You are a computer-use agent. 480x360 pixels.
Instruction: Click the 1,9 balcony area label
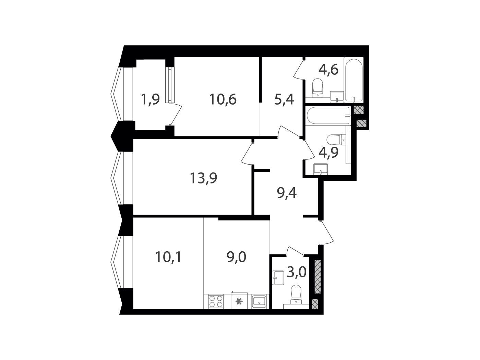point(151,99)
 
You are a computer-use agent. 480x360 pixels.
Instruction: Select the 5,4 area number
point(284,100)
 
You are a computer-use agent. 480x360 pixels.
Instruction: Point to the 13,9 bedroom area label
point(203,178)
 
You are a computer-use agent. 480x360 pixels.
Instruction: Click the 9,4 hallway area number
point(287,193)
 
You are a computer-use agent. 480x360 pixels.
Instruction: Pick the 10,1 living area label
point(168,257)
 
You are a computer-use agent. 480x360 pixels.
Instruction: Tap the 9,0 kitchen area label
point(236,257)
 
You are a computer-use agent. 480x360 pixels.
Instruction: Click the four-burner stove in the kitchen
point(216,301)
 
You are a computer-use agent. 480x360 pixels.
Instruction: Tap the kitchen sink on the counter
point(259,301)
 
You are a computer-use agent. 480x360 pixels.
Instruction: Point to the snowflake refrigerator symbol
point(239,302)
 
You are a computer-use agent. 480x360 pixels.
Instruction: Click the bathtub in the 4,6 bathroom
point(353,80)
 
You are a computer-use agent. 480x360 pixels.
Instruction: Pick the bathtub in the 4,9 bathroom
point(328,116)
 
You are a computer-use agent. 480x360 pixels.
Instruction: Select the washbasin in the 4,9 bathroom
point(321,169)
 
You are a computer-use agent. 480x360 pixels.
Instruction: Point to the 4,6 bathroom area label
point(328,70)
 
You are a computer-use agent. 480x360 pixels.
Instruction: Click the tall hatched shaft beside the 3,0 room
point(317,276)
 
